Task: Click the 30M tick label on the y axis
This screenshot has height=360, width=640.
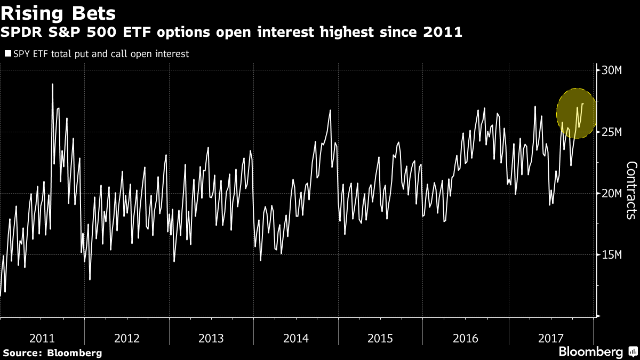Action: click(612, 70)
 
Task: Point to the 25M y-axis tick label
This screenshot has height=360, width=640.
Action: click(612, 132)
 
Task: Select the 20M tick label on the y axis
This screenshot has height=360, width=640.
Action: click(612, 193)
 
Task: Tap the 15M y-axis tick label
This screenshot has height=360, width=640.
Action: click(612, 254)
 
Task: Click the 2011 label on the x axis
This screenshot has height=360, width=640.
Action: click(42, 338)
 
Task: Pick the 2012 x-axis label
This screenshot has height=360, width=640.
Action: click(126, 338)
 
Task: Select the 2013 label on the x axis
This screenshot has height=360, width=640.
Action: click(211, 338)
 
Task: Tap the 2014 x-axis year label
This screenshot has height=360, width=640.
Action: click(296, 338)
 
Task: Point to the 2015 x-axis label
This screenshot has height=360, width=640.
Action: click(381, 338)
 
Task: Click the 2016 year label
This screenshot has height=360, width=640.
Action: click(466, 338)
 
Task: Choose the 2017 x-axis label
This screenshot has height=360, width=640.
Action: click(550, 338)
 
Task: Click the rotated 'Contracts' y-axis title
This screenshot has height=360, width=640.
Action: click(631, 190)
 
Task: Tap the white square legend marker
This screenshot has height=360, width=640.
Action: click(7, 54)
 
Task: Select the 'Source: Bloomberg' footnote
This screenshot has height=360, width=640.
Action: click(52, 353)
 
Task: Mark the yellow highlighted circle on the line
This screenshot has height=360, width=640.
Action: click(577, 114)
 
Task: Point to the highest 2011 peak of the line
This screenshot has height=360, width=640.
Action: click(52, 84)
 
